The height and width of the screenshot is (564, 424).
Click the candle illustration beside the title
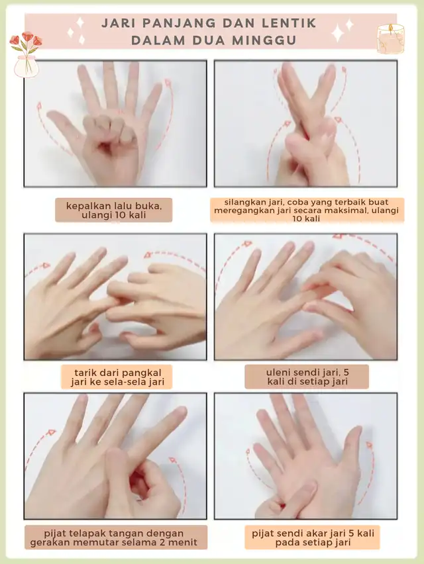coord(390,39)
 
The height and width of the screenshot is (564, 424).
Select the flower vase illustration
coord(26,55)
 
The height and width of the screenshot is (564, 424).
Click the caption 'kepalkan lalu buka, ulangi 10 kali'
coord(114,211)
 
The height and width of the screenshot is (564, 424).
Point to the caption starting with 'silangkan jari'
coord(306,210)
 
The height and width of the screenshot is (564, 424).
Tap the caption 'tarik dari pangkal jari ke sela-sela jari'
coord(117,377)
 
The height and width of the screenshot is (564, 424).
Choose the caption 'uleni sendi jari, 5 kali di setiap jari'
coord(307,376)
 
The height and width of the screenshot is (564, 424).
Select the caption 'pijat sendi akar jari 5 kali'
coord(313,538)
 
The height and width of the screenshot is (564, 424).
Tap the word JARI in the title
coord(119,23)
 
